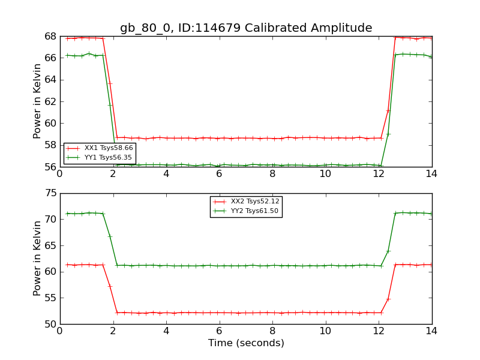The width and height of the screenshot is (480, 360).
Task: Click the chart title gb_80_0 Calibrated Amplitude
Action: click(x=246, y=28)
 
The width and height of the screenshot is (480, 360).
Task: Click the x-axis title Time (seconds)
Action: click(x=246, y=343)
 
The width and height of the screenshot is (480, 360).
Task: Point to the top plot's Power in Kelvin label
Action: click(x=38, y=101)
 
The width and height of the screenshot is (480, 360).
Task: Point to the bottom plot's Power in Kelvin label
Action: click(x=38, y=259)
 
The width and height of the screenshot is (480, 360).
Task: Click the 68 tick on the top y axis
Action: click(x=50, y=37)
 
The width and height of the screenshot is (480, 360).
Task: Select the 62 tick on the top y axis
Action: click(x=50, y=102)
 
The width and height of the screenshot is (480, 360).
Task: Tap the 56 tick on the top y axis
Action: click(x=50, y=167)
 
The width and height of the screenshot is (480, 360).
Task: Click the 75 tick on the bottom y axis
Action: click(x=50, y=194)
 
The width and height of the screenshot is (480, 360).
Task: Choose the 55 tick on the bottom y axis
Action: click(x=50, y=298)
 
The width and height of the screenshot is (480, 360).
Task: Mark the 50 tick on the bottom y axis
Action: click(x=50, y=325)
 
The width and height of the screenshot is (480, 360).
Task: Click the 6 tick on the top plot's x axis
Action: click(x=220, y=174)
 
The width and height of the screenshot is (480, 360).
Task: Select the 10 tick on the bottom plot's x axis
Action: click(x=325, y=331)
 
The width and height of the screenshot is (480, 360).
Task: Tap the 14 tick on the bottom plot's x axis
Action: click(x=431, y=331)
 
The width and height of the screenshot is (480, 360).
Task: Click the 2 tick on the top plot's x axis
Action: click(x=113, y=174)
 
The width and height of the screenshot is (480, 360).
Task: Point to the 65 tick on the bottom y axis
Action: click(x=50, y=246)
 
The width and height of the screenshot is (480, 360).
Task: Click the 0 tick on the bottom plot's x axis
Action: click(x=60, y=331)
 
